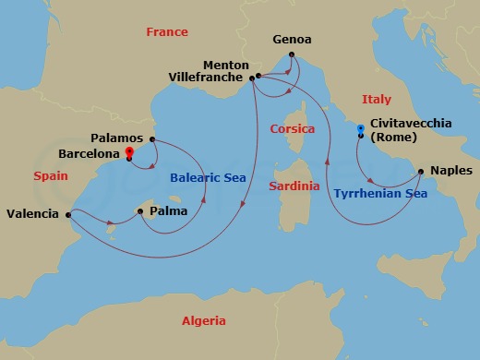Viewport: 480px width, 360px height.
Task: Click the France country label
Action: pos(167,32)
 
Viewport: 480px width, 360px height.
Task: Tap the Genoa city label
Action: pos(292,41)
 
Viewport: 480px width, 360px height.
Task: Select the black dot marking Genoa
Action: pos(291,54)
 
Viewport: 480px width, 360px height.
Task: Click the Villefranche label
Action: pos(208,78)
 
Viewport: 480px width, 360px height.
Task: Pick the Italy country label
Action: pos(377,100)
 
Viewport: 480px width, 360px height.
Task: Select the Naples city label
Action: pos(451,171)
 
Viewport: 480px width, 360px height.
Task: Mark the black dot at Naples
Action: pos(421,171)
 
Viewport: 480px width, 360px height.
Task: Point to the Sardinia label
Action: pos(294,186)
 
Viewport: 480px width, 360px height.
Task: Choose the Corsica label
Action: pos(293,129)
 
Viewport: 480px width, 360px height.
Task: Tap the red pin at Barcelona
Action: pos(129,151)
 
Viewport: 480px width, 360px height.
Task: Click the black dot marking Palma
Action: pos(139,211)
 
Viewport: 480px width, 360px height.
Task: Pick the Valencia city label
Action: pos(32,213)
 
